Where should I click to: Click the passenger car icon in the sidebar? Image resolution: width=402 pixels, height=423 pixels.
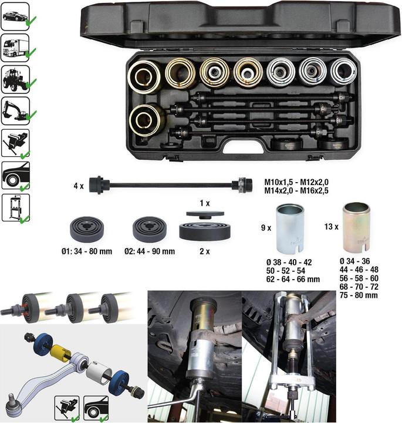(x=15, y=16)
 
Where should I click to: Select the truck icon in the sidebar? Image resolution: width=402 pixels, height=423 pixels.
(x=15, y=48)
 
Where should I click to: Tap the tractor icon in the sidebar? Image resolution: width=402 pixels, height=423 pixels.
(x=15, y=79)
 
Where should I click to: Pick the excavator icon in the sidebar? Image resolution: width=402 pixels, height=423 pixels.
(x=15, y=111)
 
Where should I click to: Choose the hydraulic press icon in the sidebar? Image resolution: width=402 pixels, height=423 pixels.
(x=16, y=208)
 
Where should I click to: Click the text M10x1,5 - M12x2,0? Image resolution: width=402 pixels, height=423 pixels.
(x=296, y=182)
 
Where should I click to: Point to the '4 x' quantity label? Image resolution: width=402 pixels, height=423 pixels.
(x=79, y=186)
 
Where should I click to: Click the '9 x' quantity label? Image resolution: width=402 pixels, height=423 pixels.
(x=266, y=228)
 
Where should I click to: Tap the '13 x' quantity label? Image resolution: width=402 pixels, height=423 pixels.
(x=332, y=227)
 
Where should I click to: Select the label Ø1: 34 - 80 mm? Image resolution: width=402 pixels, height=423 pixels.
(x=87, y=251)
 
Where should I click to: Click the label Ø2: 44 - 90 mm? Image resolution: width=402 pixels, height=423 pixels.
(x=150, y=251)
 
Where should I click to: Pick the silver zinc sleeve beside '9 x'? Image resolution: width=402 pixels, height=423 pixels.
(x=290, y=228)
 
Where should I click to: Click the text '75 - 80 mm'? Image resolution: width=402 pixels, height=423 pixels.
(x=359, y=295)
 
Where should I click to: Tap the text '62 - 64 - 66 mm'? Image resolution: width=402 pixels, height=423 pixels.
(x=293, y=279)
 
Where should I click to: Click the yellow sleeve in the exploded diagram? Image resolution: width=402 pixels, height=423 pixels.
(x=61, y=353)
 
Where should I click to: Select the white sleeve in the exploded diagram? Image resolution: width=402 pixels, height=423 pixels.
(x=99, y=374)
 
